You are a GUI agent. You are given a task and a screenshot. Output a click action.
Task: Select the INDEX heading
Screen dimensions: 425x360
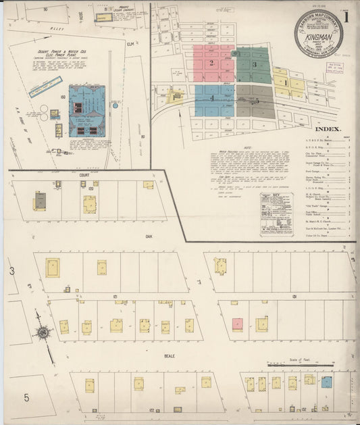coord(328,128)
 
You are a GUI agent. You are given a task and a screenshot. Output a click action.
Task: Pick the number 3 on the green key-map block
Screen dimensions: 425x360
coord(254,64)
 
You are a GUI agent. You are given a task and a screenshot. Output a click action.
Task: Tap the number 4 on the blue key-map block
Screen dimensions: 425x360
coord(212,99)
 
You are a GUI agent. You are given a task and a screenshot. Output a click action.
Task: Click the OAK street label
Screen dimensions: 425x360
coord(147,236)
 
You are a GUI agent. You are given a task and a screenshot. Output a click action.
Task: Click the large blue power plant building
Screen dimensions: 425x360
coord(86,110)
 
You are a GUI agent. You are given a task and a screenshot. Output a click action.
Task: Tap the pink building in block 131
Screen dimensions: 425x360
coord(237,324)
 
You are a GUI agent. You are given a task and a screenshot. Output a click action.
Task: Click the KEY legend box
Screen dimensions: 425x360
coord(276,214)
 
